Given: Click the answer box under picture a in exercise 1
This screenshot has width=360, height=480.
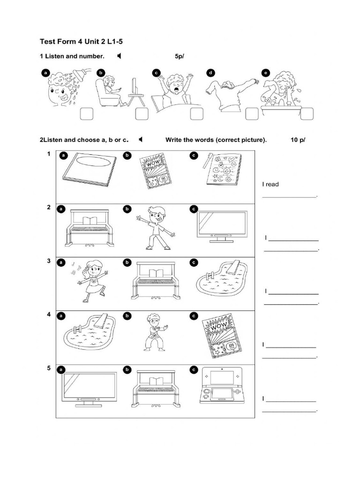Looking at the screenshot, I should coord(86,114).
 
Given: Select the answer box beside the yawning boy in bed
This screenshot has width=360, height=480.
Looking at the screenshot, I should coord(196,114).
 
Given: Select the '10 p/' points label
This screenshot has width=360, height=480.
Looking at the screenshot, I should coord(298,140).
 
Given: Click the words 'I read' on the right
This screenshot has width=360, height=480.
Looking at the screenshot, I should coord(270,184).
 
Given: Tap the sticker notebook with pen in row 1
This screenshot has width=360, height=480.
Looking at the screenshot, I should coord(222,170).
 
